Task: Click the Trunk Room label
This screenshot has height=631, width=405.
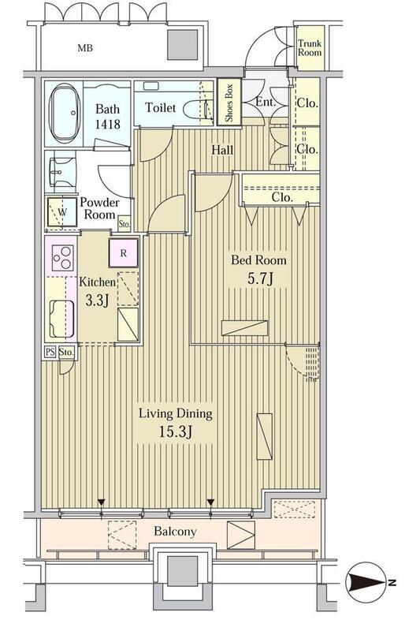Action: coord(310,48)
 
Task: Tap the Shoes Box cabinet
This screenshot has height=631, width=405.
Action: coord(229,103)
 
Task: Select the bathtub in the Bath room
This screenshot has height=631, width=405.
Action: coord(63,113)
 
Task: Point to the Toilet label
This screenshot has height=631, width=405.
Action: coord(161,107)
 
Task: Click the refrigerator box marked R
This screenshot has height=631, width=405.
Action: coord(124,253)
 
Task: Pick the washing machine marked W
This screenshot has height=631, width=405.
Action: coord(62,212)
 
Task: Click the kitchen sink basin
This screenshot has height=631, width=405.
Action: coord(61,319)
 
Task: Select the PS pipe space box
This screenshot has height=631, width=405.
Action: coord(50,352)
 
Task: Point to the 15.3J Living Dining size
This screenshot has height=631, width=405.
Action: coord(175,432)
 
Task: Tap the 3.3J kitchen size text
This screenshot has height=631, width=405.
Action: coord(97,301)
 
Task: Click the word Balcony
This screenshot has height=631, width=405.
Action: coord(175,532)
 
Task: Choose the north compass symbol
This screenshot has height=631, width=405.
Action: coord(366,581)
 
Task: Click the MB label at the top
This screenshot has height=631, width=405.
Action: coord(85,48)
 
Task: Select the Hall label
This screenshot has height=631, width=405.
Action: coord(222,150)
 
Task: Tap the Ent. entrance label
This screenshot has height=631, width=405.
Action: coord(266,103)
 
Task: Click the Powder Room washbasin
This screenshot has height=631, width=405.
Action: coord(63,173)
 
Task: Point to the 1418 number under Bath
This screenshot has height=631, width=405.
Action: coord(107,124)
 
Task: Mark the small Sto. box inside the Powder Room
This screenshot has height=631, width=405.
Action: coord(124,225)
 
